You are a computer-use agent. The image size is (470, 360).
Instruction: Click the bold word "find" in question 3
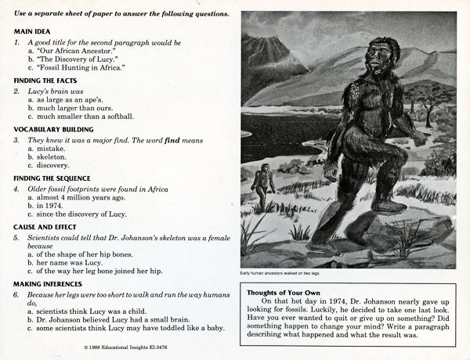point(171,140)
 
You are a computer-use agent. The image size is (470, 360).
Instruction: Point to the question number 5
point(16,236)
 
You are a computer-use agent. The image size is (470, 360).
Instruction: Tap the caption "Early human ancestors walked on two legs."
point(281,273)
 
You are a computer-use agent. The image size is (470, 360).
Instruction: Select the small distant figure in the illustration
point(263,181)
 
